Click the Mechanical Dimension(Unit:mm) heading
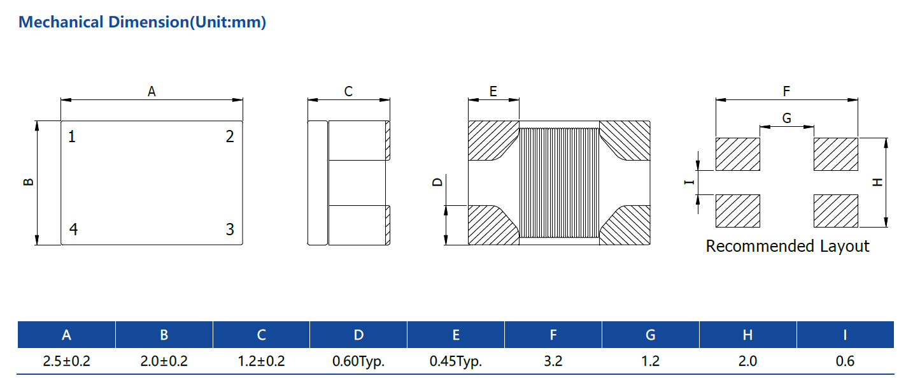143,22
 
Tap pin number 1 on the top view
71,136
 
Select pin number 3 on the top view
230,229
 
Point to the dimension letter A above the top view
152,92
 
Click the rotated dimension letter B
28,182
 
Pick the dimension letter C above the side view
348,92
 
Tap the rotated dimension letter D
437,182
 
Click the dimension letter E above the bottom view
493,92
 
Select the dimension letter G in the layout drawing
787,118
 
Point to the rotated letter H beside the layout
877,182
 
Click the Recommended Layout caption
788,246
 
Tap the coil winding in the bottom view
559,182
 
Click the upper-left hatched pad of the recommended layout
738,154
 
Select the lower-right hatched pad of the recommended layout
835,211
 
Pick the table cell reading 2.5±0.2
67,361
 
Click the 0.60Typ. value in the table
358,361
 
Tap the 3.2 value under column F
553,361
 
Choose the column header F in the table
553,335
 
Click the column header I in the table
846,335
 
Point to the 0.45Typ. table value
456,361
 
